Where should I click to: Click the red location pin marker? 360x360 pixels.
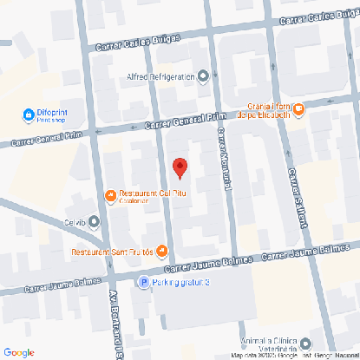click(x=180, y=168)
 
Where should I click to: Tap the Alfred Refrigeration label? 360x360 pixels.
click(x=160, y=77)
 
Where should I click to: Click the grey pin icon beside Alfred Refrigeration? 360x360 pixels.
click(x=204, y=77)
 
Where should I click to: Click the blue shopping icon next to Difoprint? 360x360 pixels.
click(x=28, y=115)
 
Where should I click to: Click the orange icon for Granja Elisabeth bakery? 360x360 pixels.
click(x=298, y=109)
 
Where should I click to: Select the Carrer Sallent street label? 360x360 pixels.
click(x=296, y=198)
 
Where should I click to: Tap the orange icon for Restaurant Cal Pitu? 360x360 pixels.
click(x=110, y=196)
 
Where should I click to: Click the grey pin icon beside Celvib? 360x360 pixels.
click(x=95, y=223)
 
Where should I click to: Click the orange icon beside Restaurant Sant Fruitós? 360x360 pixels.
click(x=162, y=252)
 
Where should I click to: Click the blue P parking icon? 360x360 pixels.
click(x=144, y=282)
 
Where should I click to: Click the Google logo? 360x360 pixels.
click(x=19, y=352)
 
